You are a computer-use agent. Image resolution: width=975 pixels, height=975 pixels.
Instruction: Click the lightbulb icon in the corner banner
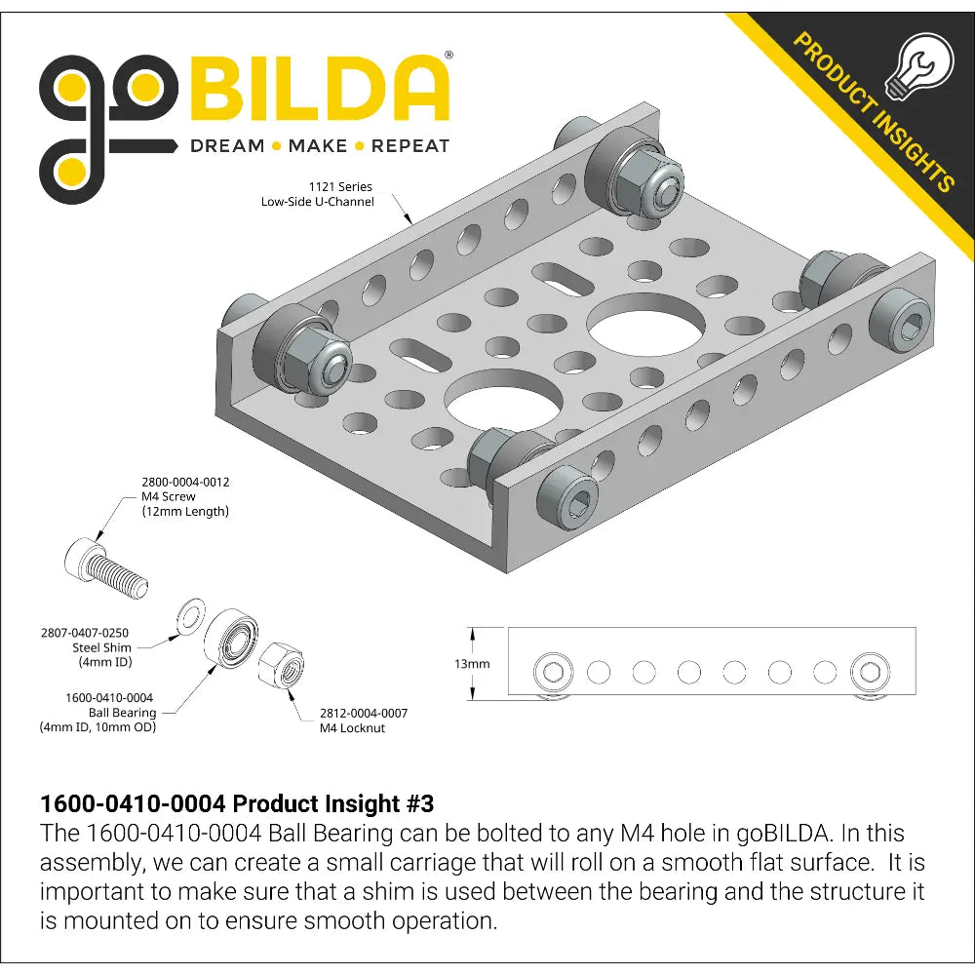(919, 67)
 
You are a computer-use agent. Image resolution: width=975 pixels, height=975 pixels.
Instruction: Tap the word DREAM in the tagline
(227, 146)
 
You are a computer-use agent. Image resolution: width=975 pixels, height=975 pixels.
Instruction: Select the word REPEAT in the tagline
(410, 146)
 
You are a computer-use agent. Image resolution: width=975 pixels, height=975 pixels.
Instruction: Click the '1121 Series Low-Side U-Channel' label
(318, 194)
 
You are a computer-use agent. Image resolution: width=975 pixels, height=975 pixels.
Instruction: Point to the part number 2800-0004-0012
(185, 482)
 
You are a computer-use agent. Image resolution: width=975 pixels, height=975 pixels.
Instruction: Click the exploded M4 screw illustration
(106, 567)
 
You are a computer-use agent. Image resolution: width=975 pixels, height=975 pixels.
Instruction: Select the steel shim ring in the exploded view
(190, 616)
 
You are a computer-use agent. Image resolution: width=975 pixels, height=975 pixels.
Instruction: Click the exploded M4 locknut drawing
(281, 665)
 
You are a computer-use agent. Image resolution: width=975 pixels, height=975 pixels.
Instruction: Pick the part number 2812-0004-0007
(364, 714)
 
